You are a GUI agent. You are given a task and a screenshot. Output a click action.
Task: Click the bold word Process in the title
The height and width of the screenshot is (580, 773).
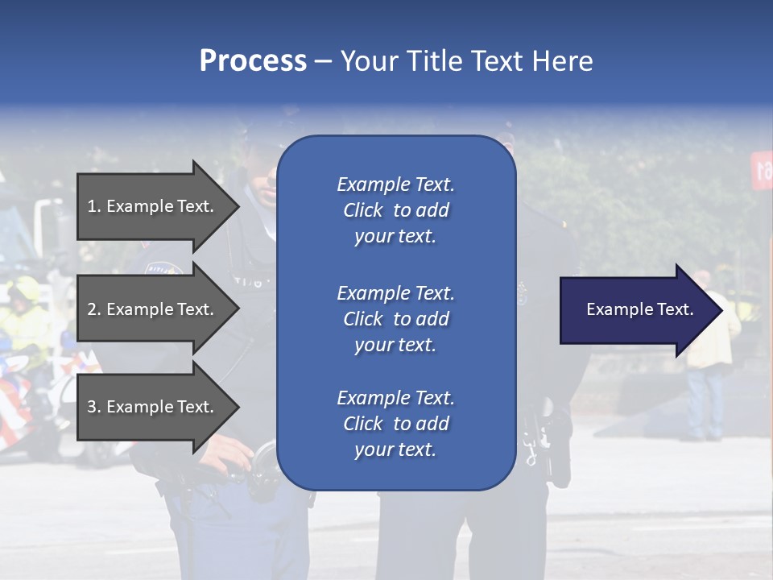(x=253, y=61)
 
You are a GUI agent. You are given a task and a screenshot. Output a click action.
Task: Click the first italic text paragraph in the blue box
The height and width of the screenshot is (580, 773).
(x=395, y=210)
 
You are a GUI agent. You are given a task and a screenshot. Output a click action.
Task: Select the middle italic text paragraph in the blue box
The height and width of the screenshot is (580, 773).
(x=395, y=319)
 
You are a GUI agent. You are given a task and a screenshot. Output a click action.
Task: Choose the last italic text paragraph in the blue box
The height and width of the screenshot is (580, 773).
(x=395, y=424)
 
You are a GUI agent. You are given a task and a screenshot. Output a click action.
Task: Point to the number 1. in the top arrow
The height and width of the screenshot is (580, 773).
(x=94, y=206)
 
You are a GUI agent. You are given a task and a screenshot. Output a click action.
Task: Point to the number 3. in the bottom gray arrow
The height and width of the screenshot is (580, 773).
(x=94, y=407)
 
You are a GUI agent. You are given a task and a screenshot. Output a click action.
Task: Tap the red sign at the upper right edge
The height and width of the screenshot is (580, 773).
(x=762, y=169)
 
